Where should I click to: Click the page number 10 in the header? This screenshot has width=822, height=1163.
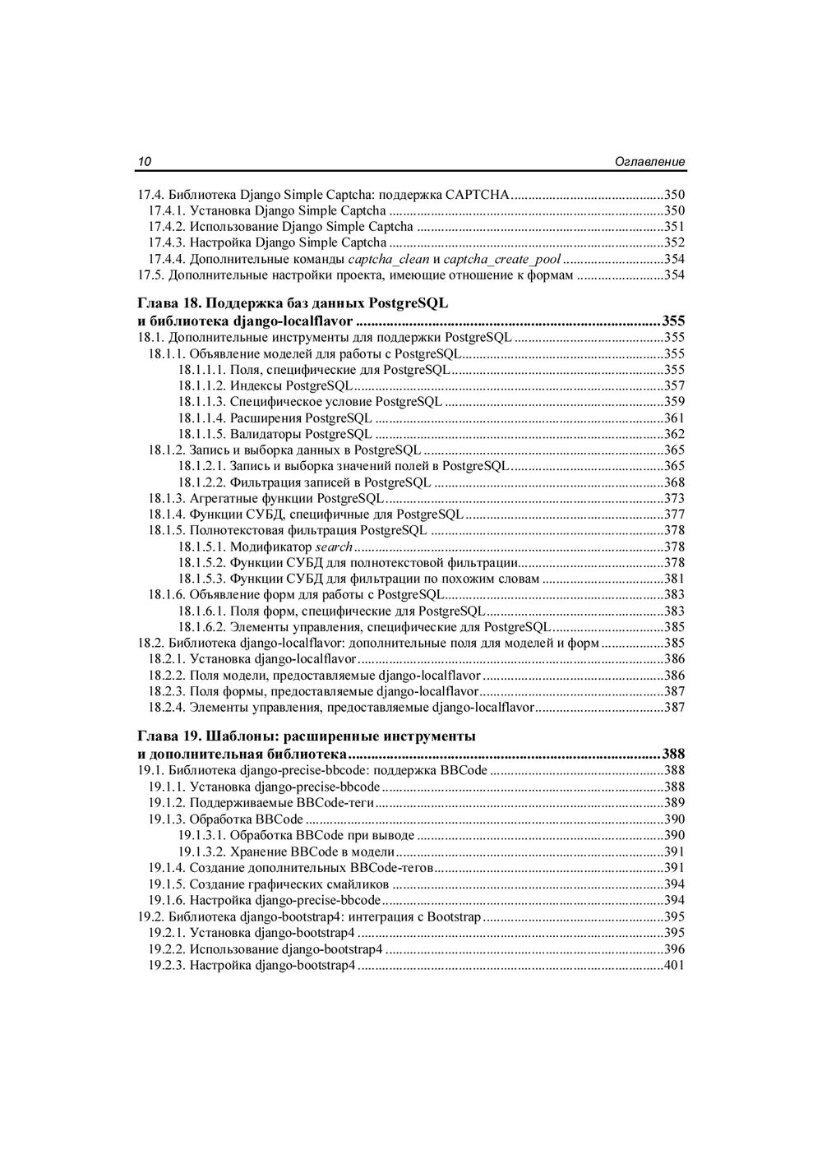tap(143, 162)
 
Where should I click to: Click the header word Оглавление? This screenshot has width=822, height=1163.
tap(649, 162)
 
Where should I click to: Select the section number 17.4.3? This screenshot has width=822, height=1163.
tap(167, 242)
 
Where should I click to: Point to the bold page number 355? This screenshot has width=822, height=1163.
tap(673, 321)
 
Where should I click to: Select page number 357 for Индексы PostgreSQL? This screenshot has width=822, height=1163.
tap(674, 386)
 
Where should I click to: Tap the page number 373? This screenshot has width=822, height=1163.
tap(674, 498)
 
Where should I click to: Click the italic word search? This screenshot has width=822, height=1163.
tap(334, 547)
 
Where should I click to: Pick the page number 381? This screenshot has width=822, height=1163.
tap(674, 579)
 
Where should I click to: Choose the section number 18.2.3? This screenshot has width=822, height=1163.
tap(167, 691)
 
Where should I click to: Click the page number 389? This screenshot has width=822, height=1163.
tap(674, 803)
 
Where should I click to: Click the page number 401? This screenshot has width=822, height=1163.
tap(674, 965)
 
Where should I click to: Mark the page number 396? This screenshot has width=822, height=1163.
tap(674, 949)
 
